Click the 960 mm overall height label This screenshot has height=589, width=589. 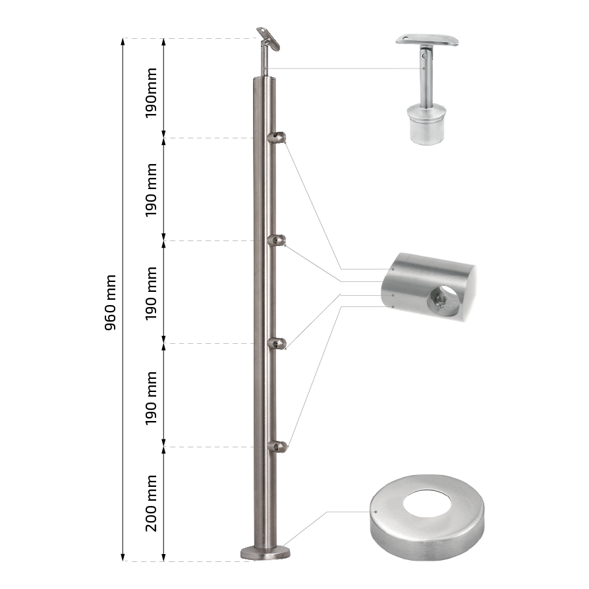point(110,302)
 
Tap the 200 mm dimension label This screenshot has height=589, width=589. point(151,503)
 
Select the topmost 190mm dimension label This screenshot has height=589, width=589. point(151,93)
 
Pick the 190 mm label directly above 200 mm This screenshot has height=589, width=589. point(151,398)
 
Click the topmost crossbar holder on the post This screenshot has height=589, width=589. point(277,138)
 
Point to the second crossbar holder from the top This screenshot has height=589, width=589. point(277,240)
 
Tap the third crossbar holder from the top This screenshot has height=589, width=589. point(277,343)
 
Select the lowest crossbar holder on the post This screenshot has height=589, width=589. point(277,446)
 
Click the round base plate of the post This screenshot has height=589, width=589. point(266,553)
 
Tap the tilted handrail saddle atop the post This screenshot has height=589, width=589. point(268,38)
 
